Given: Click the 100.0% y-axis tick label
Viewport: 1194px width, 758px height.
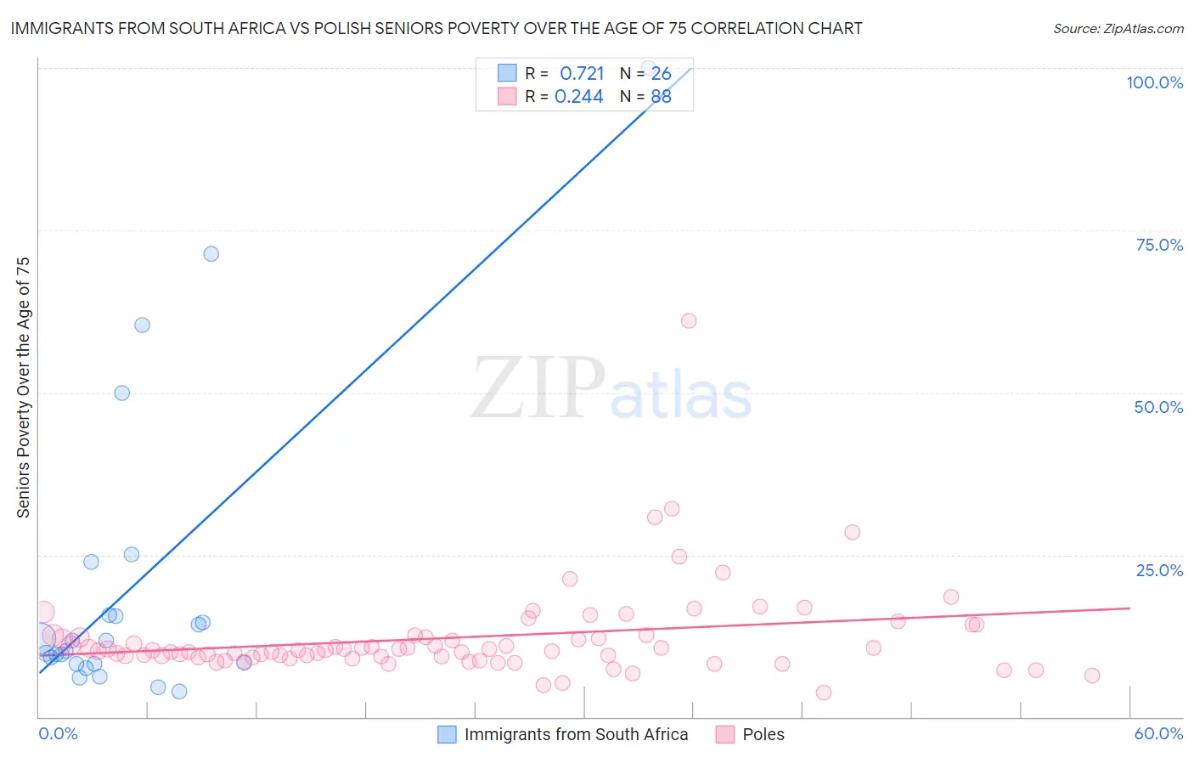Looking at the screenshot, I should point(1154,82).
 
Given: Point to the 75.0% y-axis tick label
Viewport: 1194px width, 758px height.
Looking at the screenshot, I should point(1159,245).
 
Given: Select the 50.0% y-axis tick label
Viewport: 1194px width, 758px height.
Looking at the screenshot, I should point(1158,407).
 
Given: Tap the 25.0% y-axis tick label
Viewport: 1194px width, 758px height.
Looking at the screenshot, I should point(1159,570).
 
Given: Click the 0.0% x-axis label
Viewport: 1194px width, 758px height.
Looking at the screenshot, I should point(58,734).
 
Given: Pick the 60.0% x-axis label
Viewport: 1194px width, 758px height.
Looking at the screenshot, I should point(1158,734).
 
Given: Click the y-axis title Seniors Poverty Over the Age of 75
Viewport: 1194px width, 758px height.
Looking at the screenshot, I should point(23,387).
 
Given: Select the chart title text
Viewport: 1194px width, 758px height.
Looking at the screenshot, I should point(436,28).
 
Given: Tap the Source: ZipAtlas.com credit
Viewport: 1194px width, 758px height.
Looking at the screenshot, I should point(1118,29).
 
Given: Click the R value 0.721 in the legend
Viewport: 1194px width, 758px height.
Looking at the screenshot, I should point(582,74).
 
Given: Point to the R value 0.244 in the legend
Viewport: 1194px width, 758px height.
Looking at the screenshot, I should point(578,97).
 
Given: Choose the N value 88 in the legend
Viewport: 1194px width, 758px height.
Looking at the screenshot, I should point(661,97).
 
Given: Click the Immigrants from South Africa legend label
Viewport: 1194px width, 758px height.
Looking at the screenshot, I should point(576,734).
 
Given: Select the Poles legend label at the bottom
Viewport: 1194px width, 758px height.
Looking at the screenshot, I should point(763,734).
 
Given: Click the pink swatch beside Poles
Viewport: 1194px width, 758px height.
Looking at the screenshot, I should point(724,734).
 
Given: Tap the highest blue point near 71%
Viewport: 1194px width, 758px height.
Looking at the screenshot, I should point(211,254).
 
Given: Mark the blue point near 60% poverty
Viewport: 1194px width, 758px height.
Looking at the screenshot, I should point(143,325).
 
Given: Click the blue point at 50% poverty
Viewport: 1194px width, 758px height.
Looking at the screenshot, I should point(122,393).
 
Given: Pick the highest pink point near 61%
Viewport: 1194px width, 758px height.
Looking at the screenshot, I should point(689,321).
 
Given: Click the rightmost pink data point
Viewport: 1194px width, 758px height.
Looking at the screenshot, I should point(1092,676).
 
